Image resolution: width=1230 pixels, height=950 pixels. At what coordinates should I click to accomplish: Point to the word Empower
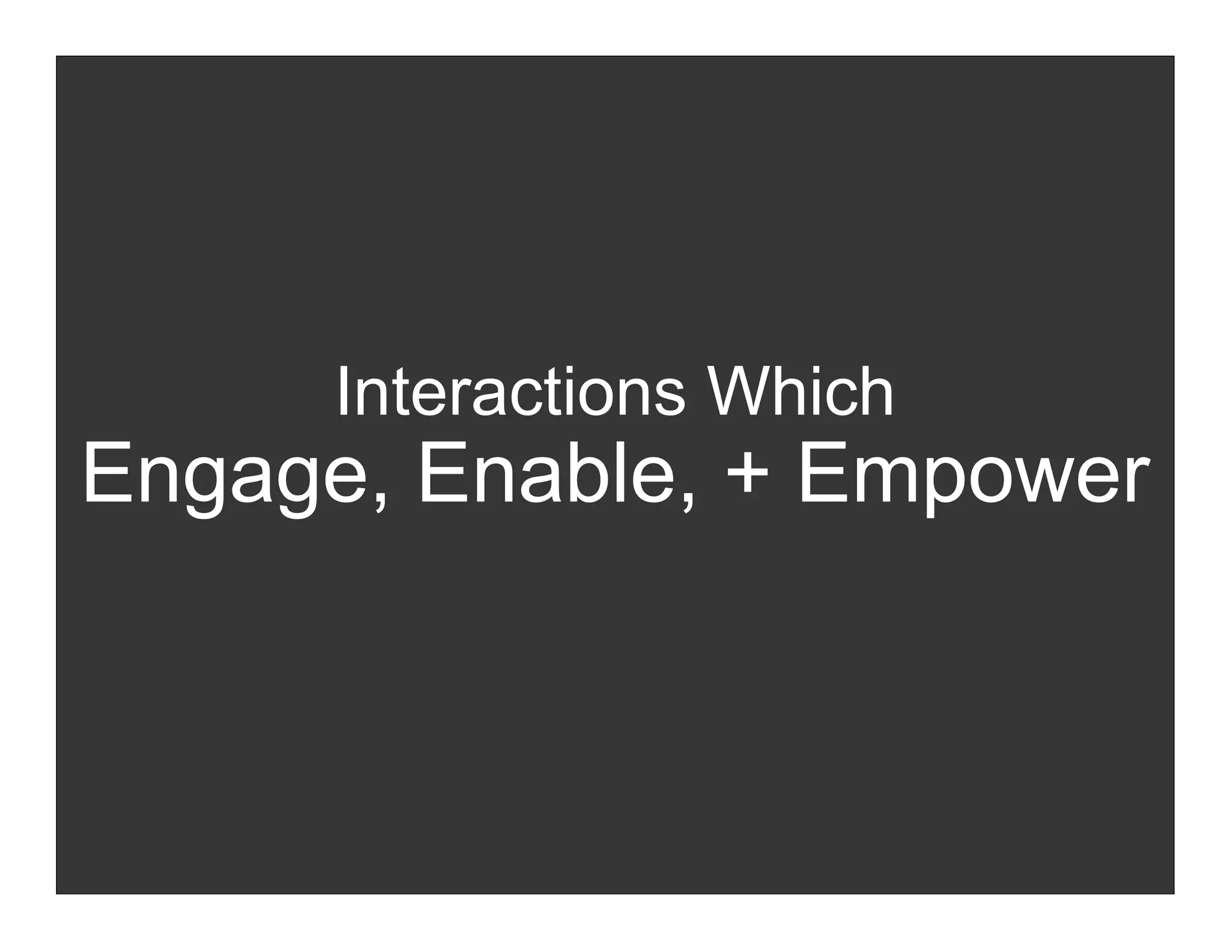973,474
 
